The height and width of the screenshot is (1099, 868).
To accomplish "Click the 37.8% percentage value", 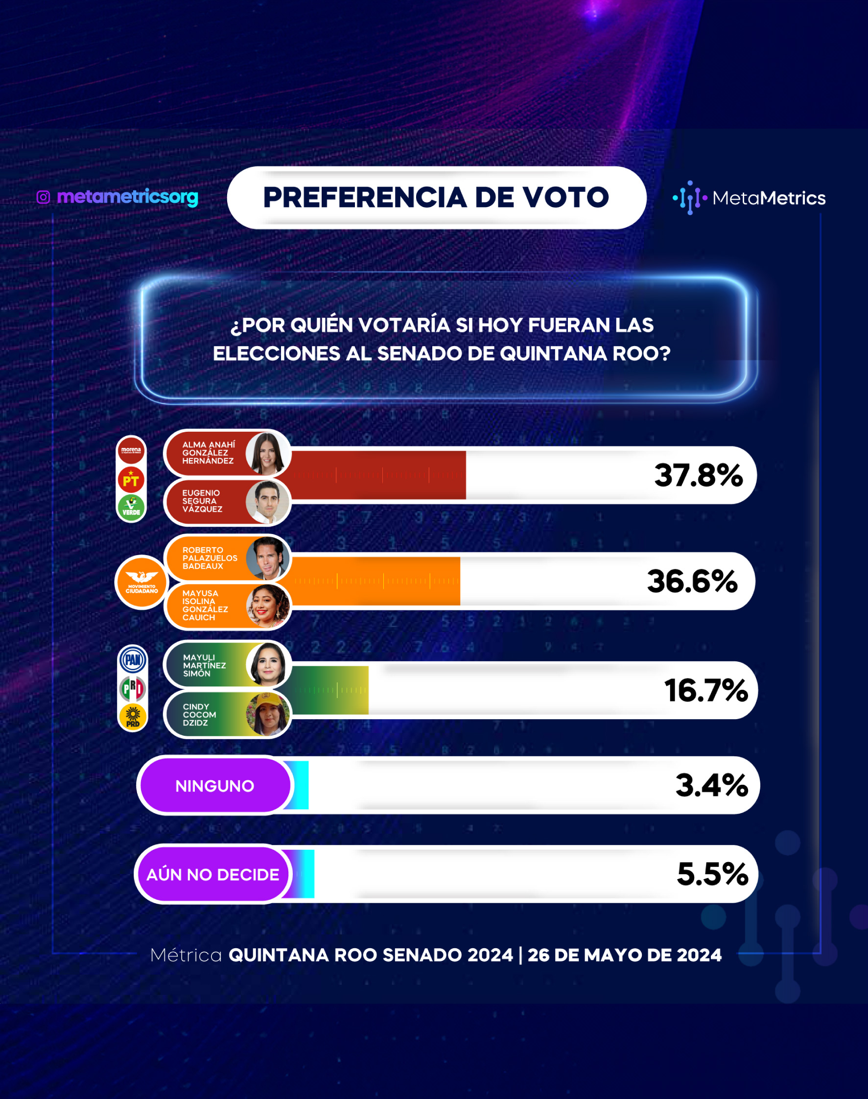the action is [698, 475].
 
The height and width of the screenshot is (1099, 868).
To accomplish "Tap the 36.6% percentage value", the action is [692, 581].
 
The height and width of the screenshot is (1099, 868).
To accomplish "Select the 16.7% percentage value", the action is [706, 691].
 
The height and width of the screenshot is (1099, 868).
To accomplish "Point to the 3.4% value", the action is [711, 785].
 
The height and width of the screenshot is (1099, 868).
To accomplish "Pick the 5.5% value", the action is [712, 874].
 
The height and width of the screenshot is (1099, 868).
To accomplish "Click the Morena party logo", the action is [131, 450].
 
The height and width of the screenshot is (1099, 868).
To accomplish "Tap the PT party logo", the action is [131, 480].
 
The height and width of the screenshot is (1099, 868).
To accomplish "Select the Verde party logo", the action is [131, 507].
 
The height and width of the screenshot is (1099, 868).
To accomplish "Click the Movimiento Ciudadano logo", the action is [142, 582].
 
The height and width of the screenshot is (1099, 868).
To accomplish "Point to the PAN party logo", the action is [133, 660].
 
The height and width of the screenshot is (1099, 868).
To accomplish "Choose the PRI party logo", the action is [133, 689].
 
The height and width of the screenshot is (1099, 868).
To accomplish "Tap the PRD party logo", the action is [133, 717].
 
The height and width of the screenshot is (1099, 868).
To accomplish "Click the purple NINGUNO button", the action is [215, 786].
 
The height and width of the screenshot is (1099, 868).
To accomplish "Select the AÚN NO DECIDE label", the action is [213, 874].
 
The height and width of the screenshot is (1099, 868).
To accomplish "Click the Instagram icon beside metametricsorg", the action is [43, 197].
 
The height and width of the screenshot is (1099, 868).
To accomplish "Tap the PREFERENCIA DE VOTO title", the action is [436, 197].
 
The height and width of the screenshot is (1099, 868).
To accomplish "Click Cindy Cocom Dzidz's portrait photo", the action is [268, 714].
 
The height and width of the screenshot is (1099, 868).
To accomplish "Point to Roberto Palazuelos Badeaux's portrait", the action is [268, 559].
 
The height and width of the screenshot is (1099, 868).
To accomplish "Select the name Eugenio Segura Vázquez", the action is [202, 501].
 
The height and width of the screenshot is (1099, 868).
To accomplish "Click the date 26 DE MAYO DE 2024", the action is [625, 955].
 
